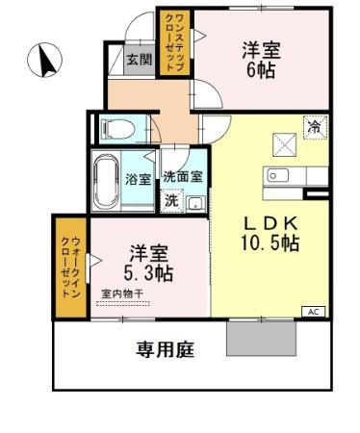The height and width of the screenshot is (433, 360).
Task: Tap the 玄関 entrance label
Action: point(140,59)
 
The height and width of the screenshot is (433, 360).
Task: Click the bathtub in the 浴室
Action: point(107,179)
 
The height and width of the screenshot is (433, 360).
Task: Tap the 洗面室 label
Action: point(183,177)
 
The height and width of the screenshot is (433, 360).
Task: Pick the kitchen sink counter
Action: point(287,175)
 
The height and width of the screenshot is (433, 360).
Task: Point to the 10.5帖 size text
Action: point(270,244)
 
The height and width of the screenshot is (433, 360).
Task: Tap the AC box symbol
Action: point(315,311)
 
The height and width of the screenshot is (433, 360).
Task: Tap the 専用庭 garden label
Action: point(164,349)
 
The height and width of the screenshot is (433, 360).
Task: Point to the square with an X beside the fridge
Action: point(286,142)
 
